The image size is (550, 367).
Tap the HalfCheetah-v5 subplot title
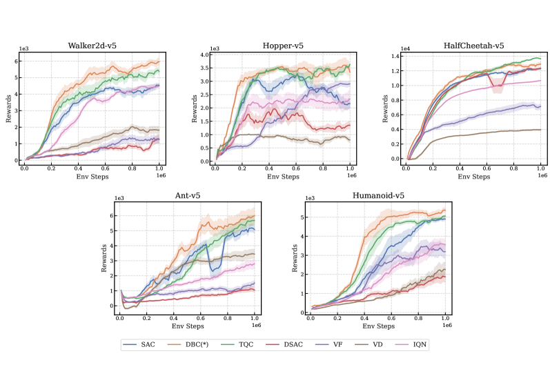click(x=473, y=46)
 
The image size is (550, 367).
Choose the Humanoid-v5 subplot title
click(x=377, y=197)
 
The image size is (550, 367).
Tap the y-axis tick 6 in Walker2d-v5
click(x=18, y=61)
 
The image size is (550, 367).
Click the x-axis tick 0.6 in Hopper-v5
click(x=296, y=168)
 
